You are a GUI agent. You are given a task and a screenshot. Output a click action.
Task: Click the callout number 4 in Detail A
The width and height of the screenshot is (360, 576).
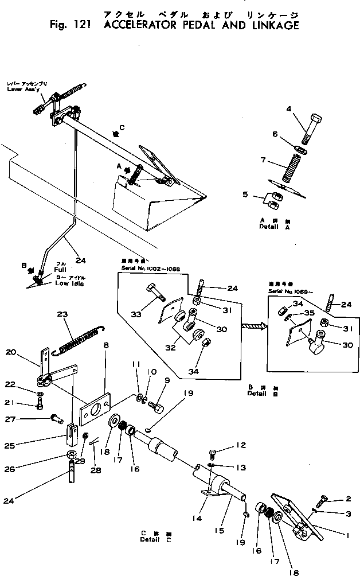(x=289, y=108)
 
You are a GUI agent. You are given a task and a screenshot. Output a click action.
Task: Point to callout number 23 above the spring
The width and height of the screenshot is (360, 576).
(x=62, y=314)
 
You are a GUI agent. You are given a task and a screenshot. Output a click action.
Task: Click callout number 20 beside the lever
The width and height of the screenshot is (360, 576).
(x=11, y=352)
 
